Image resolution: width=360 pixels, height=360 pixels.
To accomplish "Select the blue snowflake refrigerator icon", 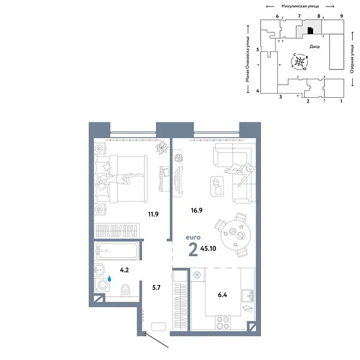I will coord(196,275).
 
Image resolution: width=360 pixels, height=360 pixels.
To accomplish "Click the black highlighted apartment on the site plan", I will coord(310,30).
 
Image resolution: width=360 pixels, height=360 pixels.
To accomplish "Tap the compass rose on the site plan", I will coord(301,61).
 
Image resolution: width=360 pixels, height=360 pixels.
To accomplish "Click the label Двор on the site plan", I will coord(315,46).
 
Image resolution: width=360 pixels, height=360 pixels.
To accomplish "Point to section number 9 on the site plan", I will coord(341,16).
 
